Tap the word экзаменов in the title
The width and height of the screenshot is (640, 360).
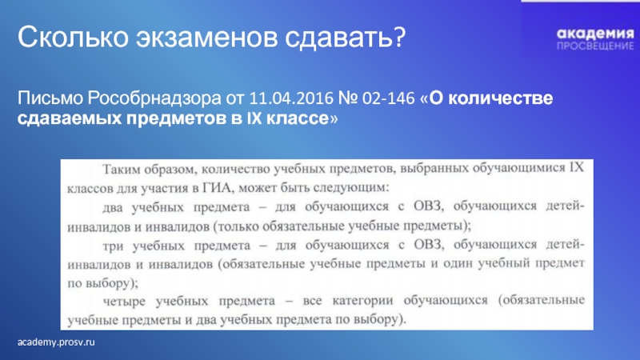(206, 38)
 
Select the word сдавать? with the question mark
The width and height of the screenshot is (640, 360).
(346, 37)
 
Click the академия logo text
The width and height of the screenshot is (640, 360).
(595, 34)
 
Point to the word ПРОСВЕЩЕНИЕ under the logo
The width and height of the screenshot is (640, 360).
(595, 46)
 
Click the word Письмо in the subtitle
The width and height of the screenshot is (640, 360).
(50, 98)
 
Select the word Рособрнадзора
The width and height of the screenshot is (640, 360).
(154, 98)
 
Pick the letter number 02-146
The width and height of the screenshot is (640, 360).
(388, 98)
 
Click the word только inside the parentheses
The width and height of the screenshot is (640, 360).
(238, 226)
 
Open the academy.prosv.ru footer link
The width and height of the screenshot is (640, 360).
(56, 342)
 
